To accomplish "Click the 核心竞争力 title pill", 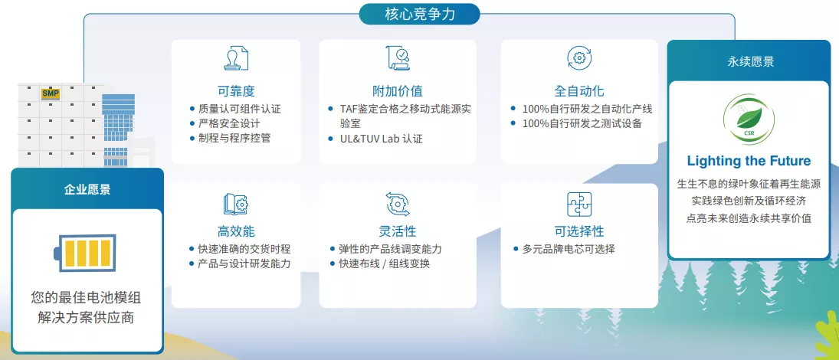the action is tap(419, 14).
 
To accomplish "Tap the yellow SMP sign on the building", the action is tap(51, 93).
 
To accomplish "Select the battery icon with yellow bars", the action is tap(86, 253).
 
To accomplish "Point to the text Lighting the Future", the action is tap(749, 161).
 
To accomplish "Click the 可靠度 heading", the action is tap(235, 90).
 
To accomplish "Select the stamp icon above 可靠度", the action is tap(235, 57).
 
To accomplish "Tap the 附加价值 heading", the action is tap(398, 90).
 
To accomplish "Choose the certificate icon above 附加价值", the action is tap(398, 57).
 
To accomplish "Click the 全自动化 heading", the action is tap(579, 90).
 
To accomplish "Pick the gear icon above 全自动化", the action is tap(579, 57).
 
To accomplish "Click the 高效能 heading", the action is tap(235, 231).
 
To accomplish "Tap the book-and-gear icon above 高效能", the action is tap(235, 204).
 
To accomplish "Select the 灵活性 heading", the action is tap(397, 231).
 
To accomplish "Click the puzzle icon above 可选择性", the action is tap(579, 204).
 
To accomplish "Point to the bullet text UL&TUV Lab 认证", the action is tap(381, 139).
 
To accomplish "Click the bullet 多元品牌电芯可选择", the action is tap(569, 249).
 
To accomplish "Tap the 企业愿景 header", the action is tap(87, 189).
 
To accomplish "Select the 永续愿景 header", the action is tap(750, 61).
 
